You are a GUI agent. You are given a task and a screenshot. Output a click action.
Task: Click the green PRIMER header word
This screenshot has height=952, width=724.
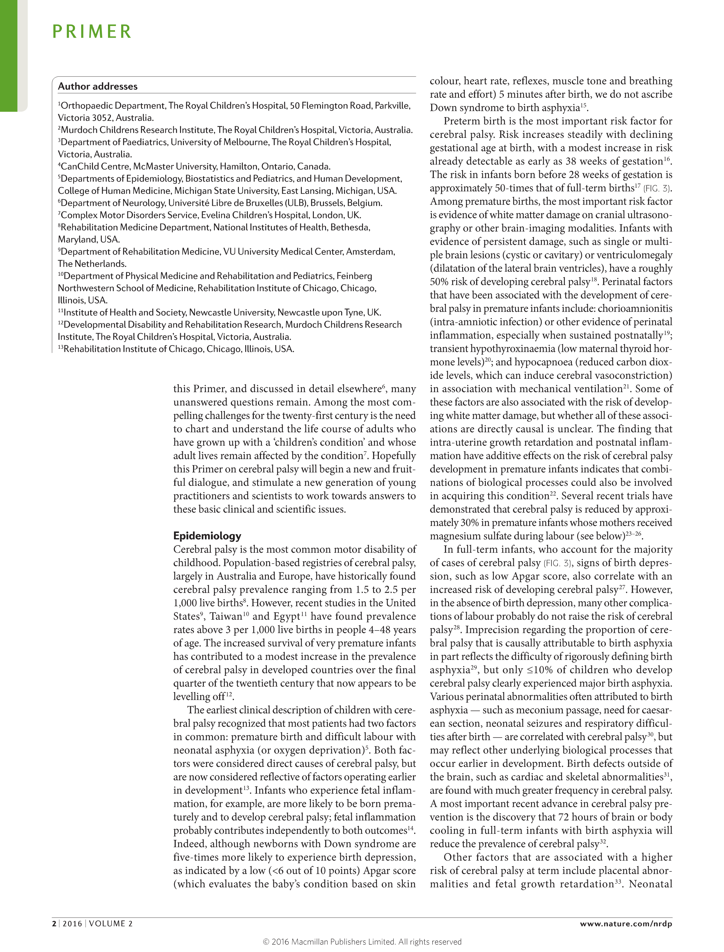pyautogui.click(x=92, y=32)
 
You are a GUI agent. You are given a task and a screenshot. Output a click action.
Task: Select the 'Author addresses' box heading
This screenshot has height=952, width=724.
pyautogui.click(x=98, y=86)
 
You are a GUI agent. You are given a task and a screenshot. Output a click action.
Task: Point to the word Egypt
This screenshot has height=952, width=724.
pyautogui.click(x=287, y=616)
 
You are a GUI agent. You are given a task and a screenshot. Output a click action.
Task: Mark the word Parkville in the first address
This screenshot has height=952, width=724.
pyautogui.click(x=392, y=106)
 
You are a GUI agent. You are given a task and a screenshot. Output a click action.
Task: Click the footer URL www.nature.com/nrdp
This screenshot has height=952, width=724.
pyautogui.click(x=626, y=924)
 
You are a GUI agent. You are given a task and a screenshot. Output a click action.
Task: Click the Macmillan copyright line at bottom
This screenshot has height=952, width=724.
pyautogui.click(x=362, y=942)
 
